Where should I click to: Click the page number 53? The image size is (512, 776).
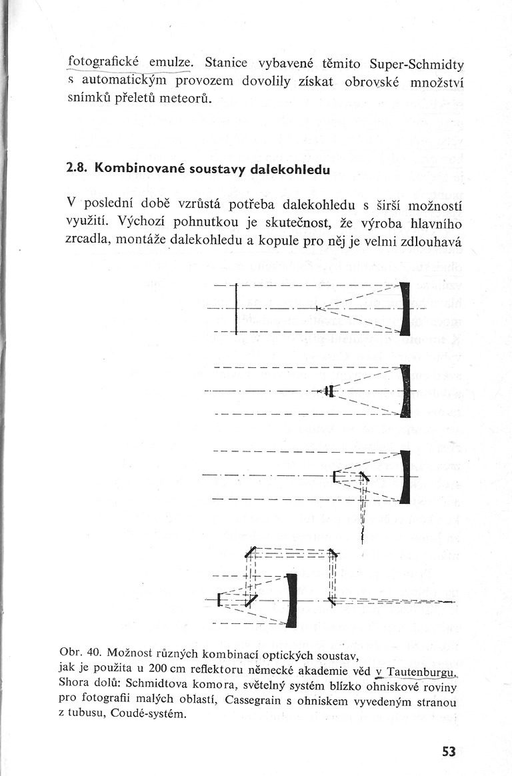(448, 752)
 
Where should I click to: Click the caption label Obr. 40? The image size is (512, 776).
(81, 650)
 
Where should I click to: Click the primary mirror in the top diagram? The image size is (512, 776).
(405, 309)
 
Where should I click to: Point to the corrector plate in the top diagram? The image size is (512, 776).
(237, 309)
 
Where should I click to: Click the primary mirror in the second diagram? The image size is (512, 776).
(405, 391)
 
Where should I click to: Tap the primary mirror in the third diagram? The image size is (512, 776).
(405, 476)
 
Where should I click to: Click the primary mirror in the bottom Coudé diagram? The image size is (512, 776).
(291, 601)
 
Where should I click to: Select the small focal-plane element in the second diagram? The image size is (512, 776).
(329, 391)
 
